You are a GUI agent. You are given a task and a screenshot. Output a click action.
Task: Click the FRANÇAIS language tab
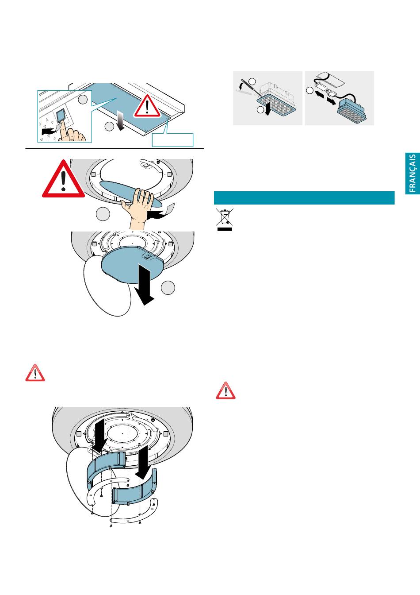tap(412, 173)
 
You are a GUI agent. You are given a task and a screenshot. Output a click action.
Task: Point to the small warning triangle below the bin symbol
tap(225, 390)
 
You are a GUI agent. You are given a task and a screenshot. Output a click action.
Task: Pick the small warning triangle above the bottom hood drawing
tap(34, 373)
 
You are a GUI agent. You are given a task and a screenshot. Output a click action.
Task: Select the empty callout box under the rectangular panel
tap(172, 139)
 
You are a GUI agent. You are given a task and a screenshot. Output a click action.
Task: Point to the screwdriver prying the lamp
tap(248, 89)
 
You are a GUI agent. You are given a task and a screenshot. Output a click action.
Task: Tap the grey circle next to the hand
tap(103, 214)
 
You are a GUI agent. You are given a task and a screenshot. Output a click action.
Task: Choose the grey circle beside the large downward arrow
tap(168, 288)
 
